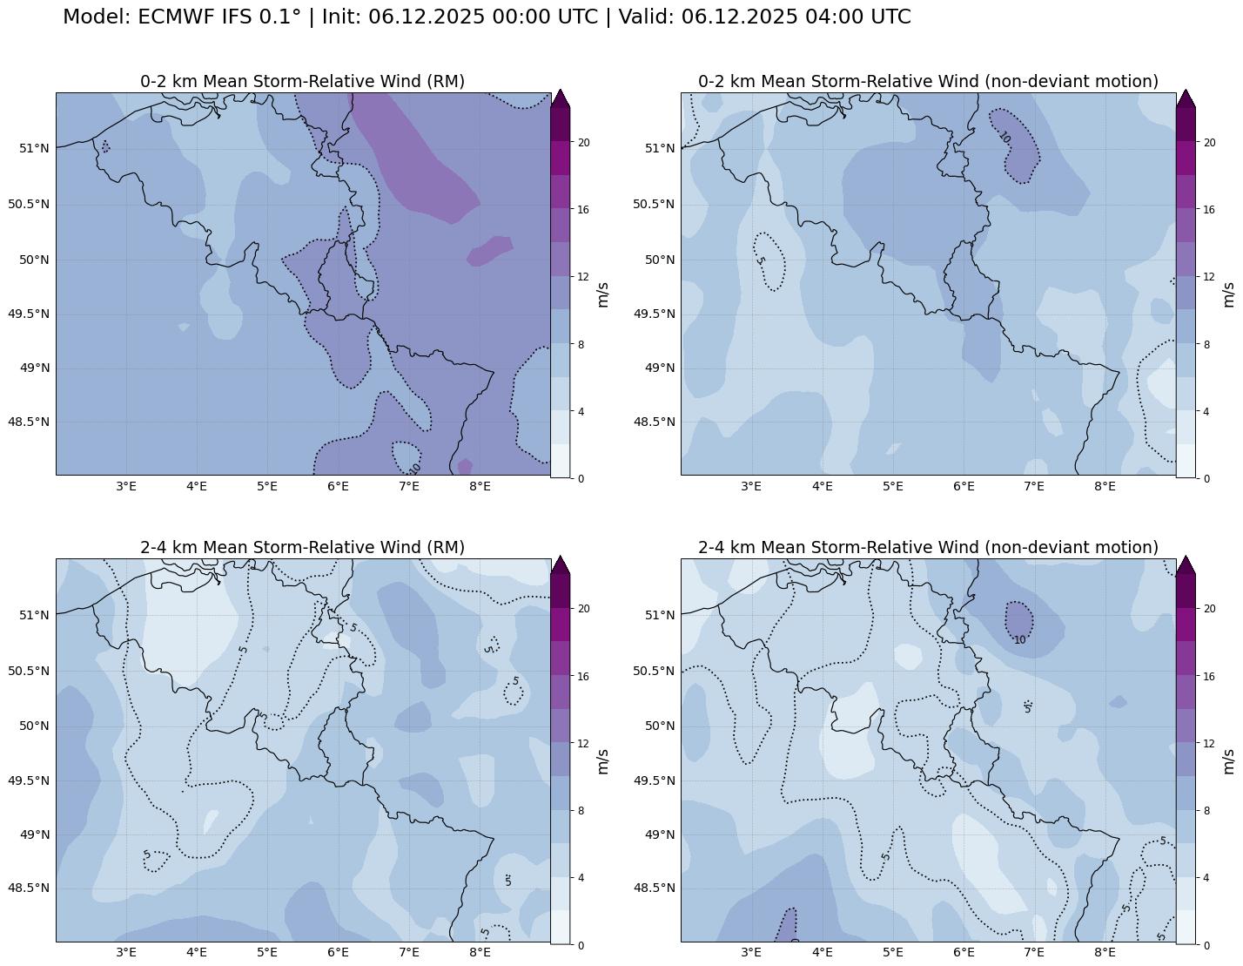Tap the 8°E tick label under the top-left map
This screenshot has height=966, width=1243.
coord(480,486)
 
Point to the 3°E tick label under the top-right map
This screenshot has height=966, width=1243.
coord(751,486)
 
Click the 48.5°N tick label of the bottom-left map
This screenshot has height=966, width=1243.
coord(29,888)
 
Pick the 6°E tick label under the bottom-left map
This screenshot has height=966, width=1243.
coord(338,952)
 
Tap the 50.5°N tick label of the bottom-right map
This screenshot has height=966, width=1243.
coord(654,671)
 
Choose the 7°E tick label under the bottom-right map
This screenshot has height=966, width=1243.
coord(1034,952)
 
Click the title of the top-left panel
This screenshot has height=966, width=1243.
coord(302,81)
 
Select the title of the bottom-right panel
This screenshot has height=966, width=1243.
coord(928,547)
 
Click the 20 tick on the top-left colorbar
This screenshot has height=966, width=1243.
coord(584,143)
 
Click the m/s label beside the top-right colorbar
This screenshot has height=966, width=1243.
coord(1228,294)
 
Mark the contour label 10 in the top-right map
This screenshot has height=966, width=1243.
coord(1004,137)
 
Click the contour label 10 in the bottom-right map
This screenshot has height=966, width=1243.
coord(1019,640)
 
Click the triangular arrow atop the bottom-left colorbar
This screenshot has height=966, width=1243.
coord(561,565)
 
